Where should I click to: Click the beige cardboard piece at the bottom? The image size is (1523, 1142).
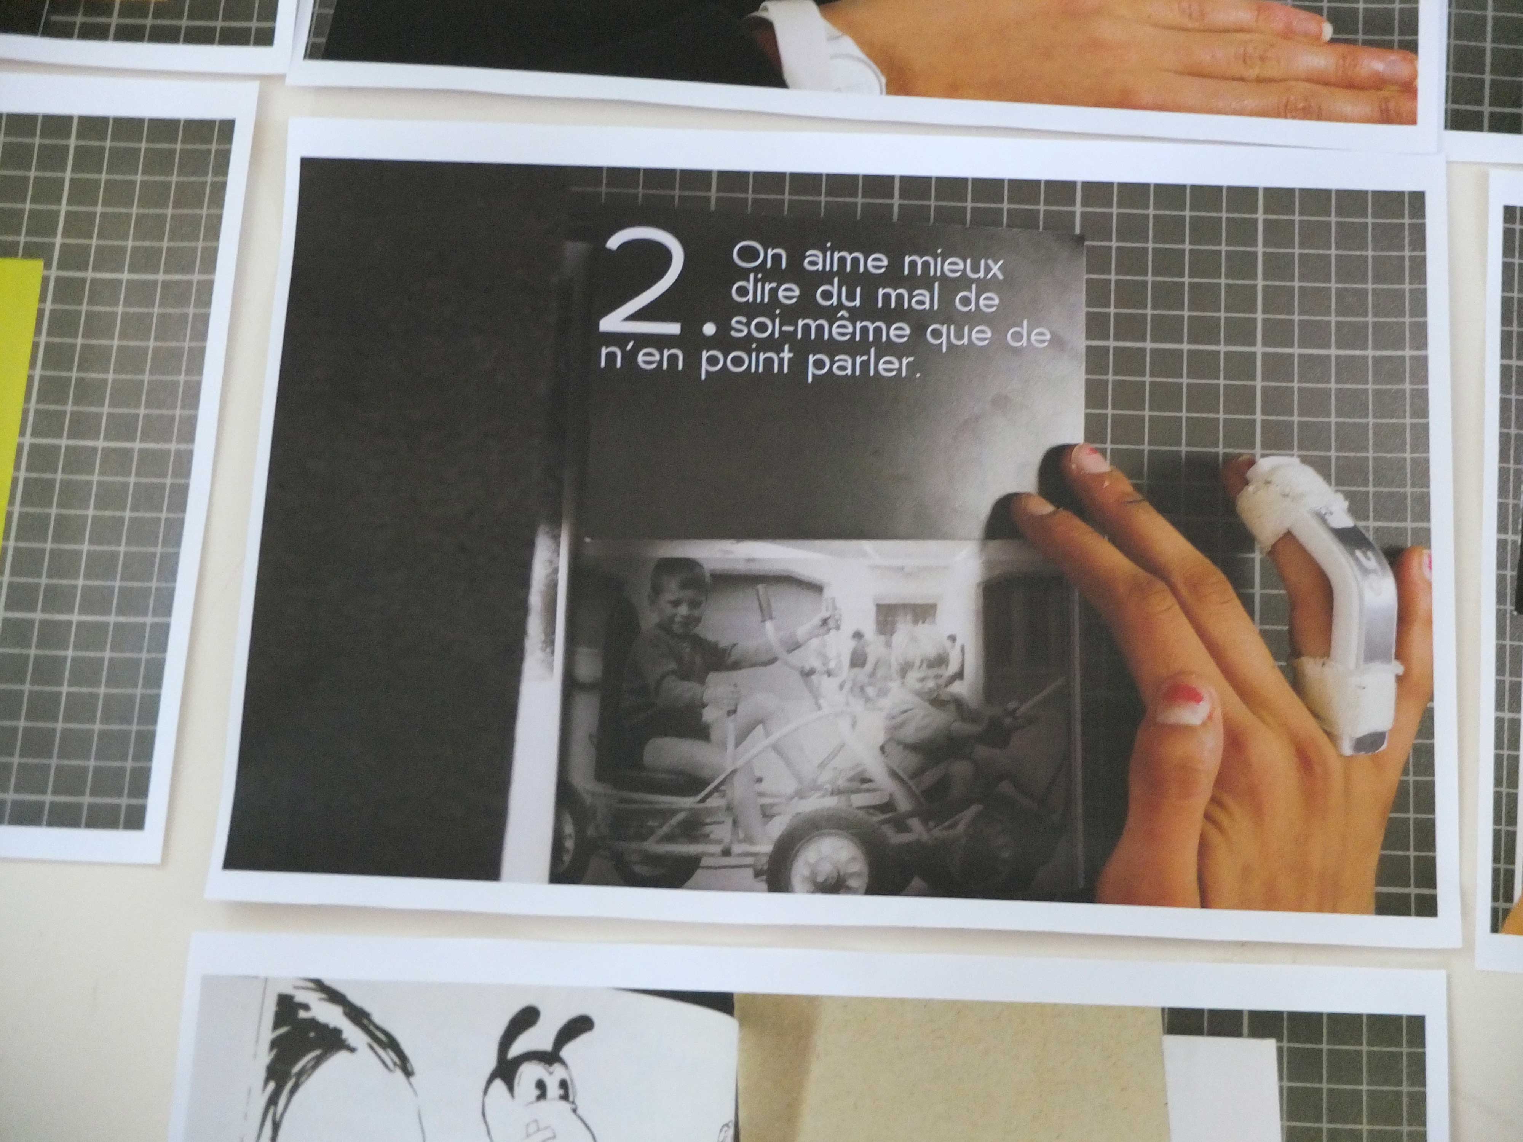[x=950, y=1074]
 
